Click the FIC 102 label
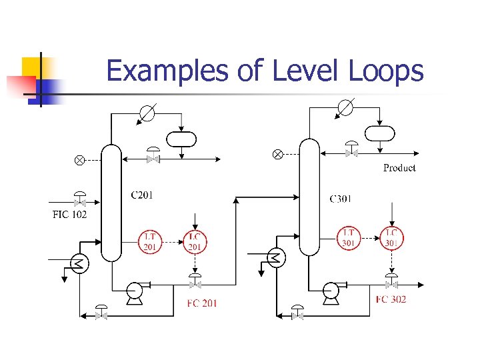click(69, 215)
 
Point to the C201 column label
click(141, 195)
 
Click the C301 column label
click(341, 199)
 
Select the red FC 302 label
click(391, 299)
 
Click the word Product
click(399, 168)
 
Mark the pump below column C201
click(135, 291)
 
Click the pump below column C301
click(331, 290)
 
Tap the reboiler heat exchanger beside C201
click(79, 264)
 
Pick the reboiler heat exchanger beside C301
click(275, 257)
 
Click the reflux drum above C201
click(181, 139)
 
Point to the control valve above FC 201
click(195, 283)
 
